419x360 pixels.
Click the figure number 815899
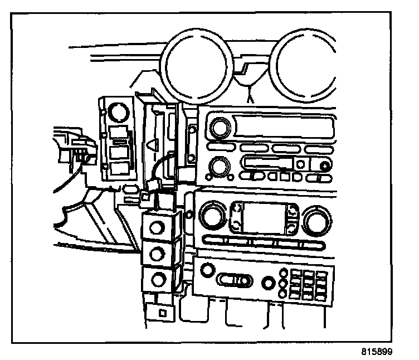(x=377, y=352)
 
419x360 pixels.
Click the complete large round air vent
(x=196, y=66)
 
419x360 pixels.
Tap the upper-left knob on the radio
(x=221, y=127)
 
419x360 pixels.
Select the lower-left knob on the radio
(x=220, y=167)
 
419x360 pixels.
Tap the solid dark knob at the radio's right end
(x=325, y=167)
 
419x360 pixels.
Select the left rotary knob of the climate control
(x=213, y=216)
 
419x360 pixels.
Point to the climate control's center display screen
(x=263, y=218)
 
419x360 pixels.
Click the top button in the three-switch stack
(x=156, y=228)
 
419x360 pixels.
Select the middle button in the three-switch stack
(x=157, y=254)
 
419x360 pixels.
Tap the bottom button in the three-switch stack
(x=158, y=280)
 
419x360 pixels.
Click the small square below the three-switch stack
(x=163, y=313)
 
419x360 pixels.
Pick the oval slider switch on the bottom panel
(x=234, y=281)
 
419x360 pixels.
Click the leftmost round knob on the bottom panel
(x=207, y=270)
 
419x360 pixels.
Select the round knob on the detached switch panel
(x=118, y=112)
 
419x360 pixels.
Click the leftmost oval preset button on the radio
(x=221, y=147)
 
